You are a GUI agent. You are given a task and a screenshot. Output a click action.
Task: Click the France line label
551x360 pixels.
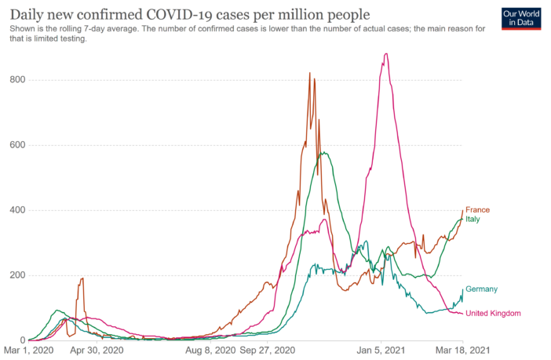coord(477,210)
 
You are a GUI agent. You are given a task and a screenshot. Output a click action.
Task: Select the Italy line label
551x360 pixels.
coord(474,219)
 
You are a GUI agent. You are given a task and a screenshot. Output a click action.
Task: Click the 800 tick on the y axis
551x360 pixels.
coord(17,80)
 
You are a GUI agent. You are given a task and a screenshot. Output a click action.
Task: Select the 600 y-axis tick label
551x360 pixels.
coord(17,145)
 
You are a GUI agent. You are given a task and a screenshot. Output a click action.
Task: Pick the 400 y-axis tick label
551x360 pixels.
coord(17,210)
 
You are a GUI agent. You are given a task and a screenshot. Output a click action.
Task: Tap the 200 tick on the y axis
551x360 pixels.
coord(17,275)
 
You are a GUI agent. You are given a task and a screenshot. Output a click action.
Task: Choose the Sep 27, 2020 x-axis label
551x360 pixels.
coord(268,351)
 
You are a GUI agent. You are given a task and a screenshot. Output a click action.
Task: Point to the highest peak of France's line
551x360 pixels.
coord(309,73)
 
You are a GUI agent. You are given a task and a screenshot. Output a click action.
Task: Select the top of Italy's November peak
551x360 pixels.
coord(323,152)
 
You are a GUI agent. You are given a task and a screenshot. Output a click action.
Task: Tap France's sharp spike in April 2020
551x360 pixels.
coord(82,278)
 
